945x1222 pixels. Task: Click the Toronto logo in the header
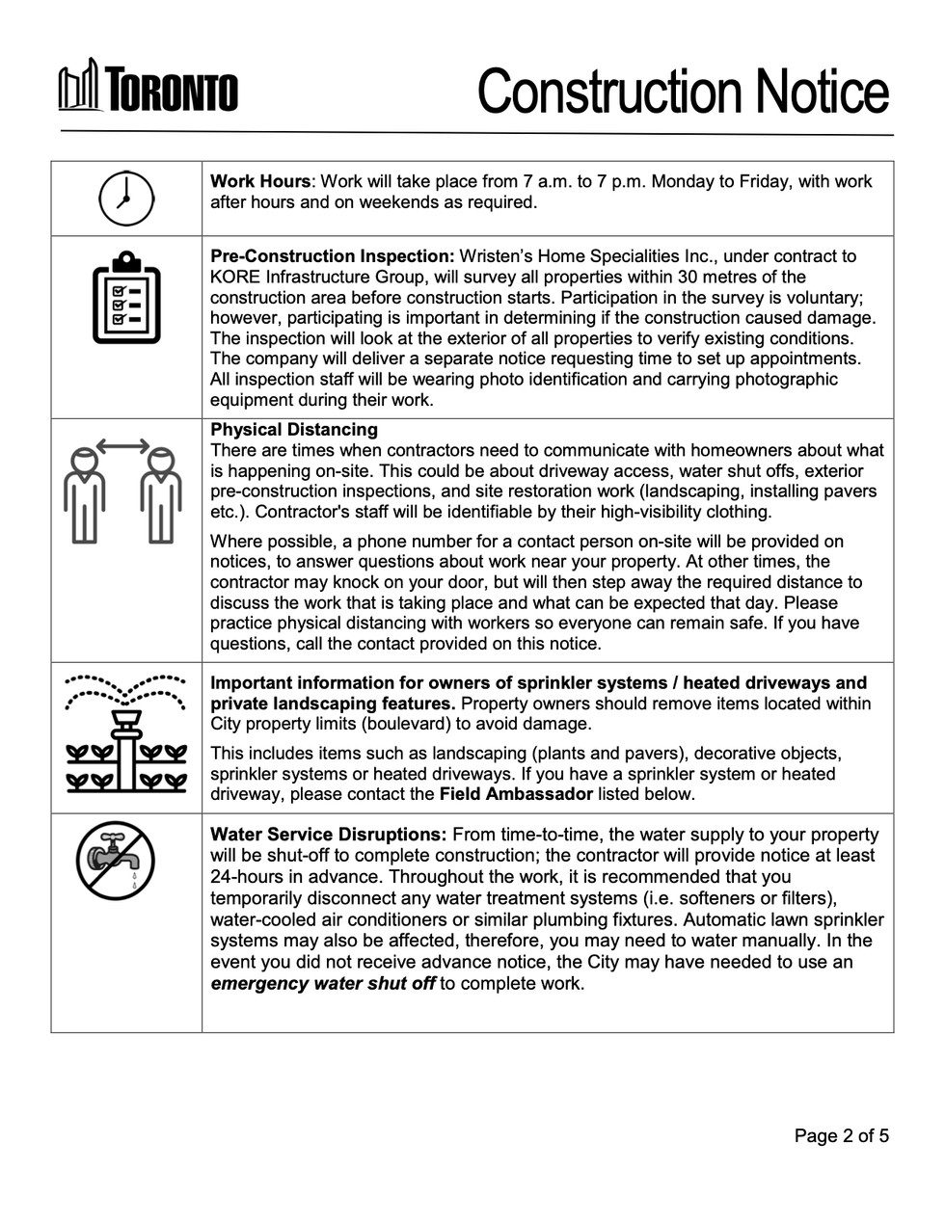pos(148,90)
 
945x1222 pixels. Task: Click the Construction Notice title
pos(682,92)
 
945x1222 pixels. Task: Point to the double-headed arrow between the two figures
pos(122,445)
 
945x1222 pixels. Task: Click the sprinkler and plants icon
pos(126,732)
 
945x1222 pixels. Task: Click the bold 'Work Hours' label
pos(260,181)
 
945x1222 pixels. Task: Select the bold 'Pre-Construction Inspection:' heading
pos(332,256)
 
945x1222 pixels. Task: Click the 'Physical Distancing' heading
pos(294,430)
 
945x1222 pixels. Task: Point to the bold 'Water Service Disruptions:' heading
pos(328,835)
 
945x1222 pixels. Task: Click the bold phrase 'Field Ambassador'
pos(516,794)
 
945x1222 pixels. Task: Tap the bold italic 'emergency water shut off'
pos(323,983)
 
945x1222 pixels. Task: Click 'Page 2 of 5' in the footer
pos(841,1135)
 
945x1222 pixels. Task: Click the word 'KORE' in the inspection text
pos(232,277)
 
